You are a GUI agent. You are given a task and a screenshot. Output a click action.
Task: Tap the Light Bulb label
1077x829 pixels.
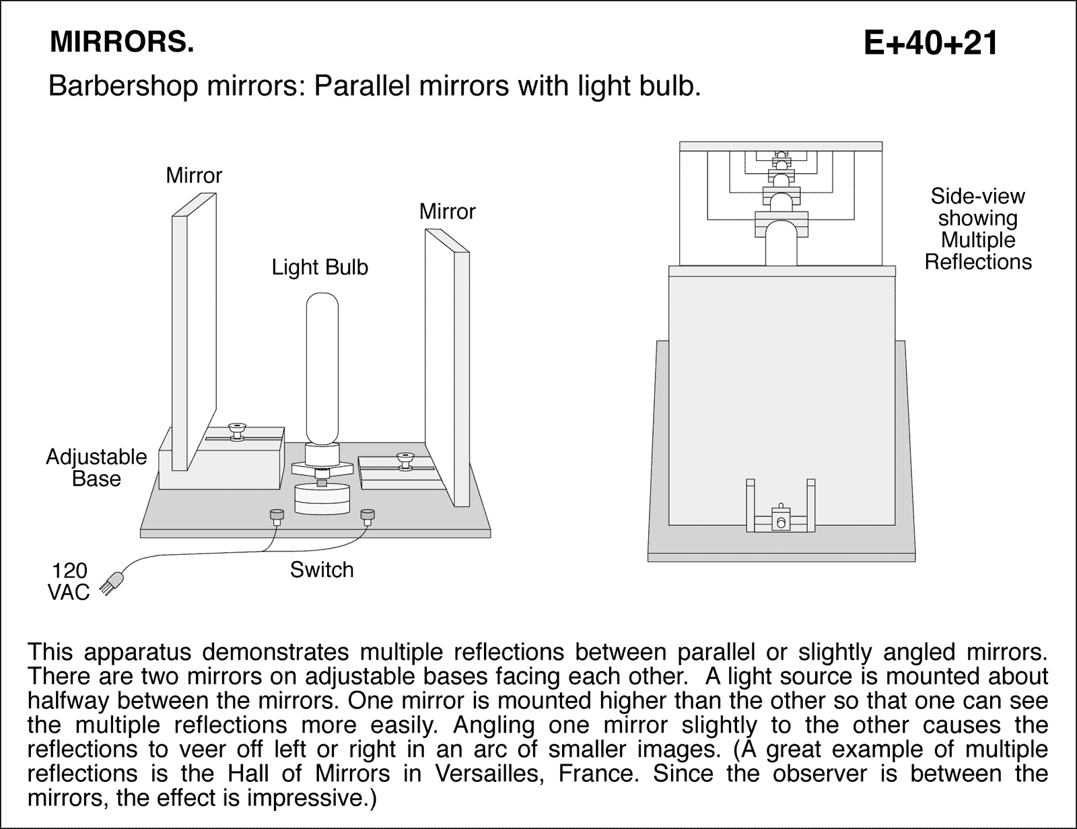(320, 267)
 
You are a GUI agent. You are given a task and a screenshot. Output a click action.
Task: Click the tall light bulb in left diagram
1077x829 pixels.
(322, 367)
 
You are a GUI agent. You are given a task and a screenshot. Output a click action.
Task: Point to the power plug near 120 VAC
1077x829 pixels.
(114, 583)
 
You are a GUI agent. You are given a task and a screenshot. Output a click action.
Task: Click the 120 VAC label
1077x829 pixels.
(69, 582)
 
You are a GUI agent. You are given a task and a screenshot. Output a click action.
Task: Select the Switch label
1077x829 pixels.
(322, 570)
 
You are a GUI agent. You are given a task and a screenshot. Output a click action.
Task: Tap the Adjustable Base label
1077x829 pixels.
(96, 468)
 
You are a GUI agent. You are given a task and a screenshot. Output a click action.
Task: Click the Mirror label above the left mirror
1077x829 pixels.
(194, 176)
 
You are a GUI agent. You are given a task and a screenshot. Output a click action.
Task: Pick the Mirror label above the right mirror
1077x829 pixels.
(447, 211)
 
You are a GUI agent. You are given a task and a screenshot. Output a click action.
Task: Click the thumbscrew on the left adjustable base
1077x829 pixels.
(236, 430)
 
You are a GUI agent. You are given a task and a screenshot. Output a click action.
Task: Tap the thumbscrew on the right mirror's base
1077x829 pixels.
(405, 461)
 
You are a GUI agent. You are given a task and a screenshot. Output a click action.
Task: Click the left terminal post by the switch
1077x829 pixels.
(276, 517)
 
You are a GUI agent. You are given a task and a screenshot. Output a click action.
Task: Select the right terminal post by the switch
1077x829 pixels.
(367, 517)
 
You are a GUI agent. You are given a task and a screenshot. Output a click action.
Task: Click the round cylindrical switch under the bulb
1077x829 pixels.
(322, 498)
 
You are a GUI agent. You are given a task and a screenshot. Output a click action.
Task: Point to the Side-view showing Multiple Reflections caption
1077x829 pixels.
(977, 229)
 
